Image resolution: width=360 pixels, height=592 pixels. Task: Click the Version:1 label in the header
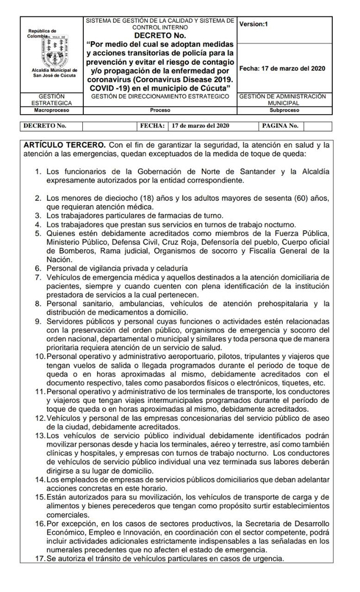(x=254, y=24)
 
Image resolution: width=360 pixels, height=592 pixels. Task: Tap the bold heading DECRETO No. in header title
(x=160, y=35)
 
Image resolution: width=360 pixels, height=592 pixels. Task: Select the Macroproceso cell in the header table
(x=51, y=110)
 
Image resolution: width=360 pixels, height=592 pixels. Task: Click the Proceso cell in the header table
(x=160, y=110)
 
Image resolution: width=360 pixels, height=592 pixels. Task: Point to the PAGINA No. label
(x=280, y=125)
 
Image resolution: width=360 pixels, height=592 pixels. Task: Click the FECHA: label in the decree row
(x=153, y=125)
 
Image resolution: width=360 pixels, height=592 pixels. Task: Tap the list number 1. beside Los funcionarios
(x=39, y=171)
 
